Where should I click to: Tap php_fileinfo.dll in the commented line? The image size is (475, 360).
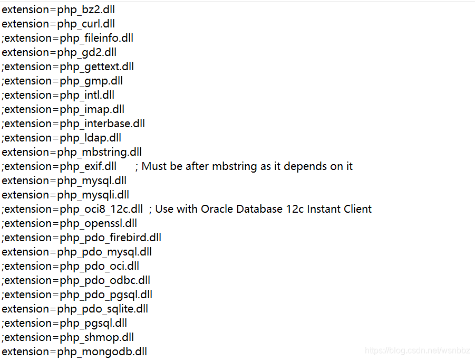(x=96, y=38)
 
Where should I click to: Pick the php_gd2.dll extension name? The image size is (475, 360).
(x=87, y=52)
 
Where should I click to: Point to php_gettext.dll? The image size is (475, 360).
(x=97, y=67)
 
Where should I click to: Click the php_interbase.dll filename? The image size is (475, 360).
(x=102, y=124)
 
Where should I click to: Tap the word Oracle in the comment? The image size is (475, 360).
(x=219, y=209)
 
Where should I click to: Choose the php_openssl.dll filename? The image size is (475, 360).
(x=99, y=223)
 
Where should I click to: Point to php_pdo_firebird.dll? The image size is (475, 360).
(x=111, y=238)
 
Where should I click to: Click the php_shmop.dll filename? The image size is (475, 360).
(x=97, y=337)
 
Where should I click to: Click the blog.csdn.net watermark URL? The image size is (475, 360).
(x=419, y=351)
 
